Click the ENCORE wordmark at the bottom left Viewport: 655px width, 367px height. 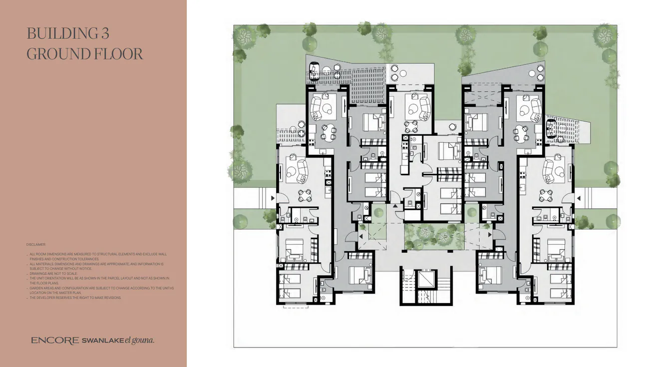coord(55,341)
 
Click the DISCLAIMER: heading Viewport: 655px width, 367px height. coord(36,245)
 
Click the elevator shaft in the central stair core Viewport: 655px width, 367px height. coord(427,280)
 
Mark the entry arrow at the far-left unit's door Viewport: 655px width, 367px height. coord(272,199)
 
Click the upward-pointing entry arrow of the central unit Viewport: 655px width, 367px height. coord(394,205)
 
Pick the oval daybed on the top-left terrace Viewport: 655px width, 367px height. coord(315,71)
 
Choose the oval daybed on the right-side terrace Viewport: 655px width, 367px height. coord(551,128)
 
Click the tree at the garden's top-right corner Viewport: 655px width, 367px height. coord(605,36)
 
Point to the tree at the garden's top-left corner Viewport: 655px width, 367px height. coord(245,36)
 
